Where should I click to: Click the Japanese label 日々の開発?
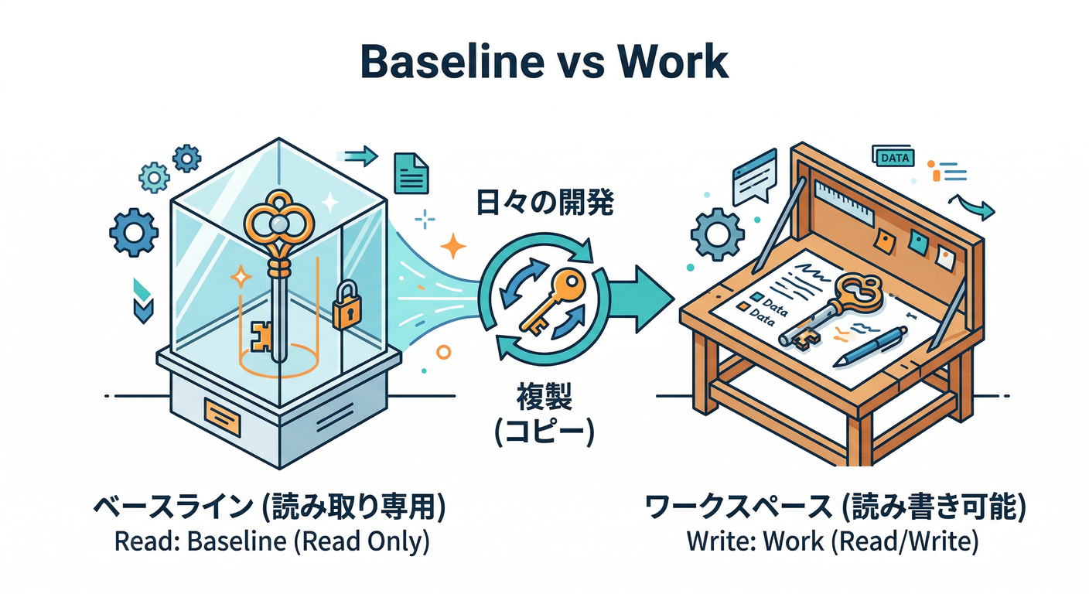coord(543,203)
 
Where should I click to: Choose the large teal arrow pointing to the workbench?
coord(638,294)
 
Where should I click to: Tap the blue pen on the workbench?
coord(870,345)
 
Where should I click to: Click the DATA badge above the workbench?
coord(893,157)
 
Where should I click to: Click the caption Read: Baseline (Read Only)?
coord(271,541)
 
